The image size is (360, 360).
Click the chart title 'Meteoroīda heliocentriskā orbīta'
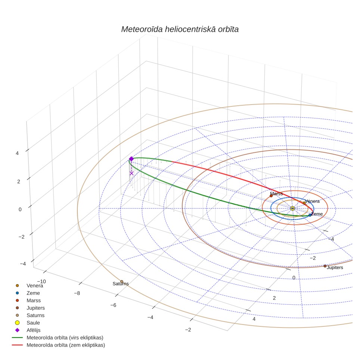click(180, 30)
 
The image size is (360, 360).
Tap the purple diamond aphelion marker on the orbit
click(131, 159)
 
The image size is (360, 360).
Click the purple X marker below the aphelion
click(131, 173)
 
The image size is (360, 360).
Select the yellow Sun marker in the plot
click(292, 208)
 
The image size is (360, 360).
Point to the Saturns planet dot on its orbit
click(122, 282)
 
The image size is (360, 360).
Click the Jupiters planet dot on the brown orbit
click(325, 266)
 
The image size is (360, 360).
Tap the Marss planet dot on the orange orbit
click(271, 196)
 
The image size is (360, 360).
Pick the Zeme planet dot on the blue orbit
click(310, 215)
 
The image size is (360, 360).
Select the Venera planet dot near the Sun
click(304, 203)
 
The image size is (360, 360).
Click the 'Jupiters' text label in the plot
click(335, 267)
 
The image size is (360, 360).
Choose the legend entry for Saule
click(27, 323)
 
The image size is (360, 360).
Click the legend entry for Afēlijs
click(28, 330)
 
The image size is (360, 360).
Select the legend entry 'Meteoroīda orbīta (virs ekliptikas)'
click(58, 338)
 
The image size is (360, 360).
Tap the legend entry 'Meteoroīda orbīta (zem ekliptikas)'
click(58, 345)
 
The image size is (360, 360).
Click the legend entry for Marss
click(28, 301)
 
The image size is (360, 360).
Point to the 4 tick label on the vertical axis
click(17, 153)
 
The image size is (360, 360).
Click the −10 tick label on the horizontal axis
click(41, 282)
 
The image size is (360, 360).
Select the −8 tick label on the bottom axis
click(77, 293)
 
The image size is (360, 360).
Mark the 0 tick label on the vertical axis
click(20, 210)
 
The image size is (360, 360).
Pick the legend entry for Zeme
click(28, 293)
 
